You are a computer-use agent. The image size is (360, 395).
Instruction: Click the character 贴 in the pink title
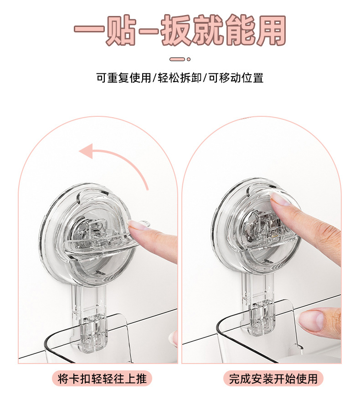pyautogui.click(x=121, y=30)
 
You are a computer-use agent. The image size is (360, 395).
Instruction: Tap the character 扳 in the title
pyautogui.click(x=176, y=30)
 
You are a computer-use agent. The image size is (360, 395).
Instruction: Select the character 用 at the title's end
pyautogui.click(x=270, y=30)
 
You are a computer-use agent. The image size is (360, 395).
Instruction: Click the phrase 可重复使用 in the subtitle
pyautogui.click(x=124, y=78)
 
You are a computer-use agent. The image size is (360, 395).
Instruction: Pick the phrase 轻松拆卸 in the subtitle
pyautogui.click(x=180, y=78)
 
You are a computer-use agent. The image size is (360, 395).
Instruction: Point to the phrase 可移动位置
pyautogui.click(x=236, y=78)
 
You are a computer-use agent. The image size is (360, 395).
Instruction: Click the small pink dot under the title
pyautogui.click(x=189, y=59)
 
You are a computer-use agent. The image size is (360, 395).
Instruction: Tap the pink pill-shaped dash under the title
pyautogui.click(x=177, y=59)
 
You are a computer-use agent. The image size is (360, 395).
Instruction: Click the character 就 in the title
pyautogui.click(x=208, y=30)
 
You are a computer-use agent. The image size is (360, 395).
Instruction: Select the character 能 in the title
pyautogui.click(x=239, y=30)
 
